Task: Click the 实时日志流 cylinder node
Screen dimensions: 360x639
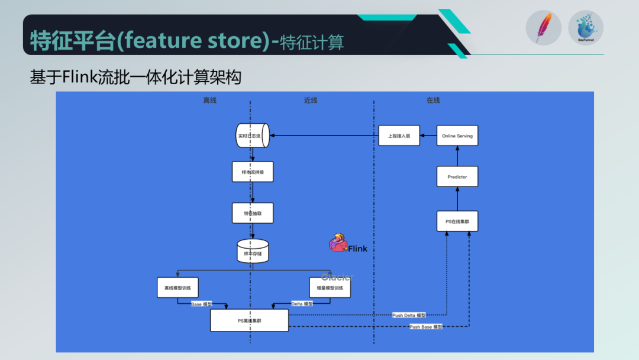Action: click(253, 136)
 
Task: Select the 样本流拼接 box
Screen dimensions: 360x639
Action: click(253, 172)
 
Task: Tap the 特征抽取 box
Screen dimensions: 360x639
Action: click(253, 213)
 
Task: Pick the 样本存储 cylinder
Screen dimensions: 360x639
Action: click(253, 251)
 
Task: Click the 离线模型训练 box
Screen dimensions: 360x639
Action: click(177, 288)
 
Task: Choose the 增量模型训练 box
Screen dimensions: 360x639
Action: click(330, 288)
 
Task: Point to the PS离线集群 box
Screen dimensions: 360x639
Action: click(250, 320)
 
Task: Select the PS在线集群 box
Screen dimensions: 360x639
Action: click(457, 221)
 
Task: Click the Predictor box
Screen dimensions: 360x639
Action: click(457, 176)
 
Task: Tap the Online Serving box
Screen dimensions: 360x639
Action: click(457, 136)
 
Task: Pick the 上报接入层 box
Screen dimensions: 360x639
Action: click(399, 136)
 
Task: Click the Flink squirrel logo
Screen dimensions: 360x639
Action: click(338, 243)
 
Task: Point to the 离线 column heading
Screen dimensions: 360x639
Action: click(210, 100)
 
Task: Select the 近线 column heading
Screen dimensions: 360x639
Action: click(311, 100)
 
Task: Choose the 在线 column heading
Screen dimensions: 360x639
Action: click(433, 100)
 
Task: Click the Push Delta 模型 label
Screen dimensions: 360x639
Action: click(409, 315)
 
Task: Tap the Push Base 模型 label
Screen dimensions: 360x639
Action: click(426, 327)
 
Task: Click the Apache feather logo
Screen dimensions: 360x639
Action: click(543, 28)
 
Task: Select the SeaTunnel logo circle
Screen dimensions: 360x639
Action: click(586, 28)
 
